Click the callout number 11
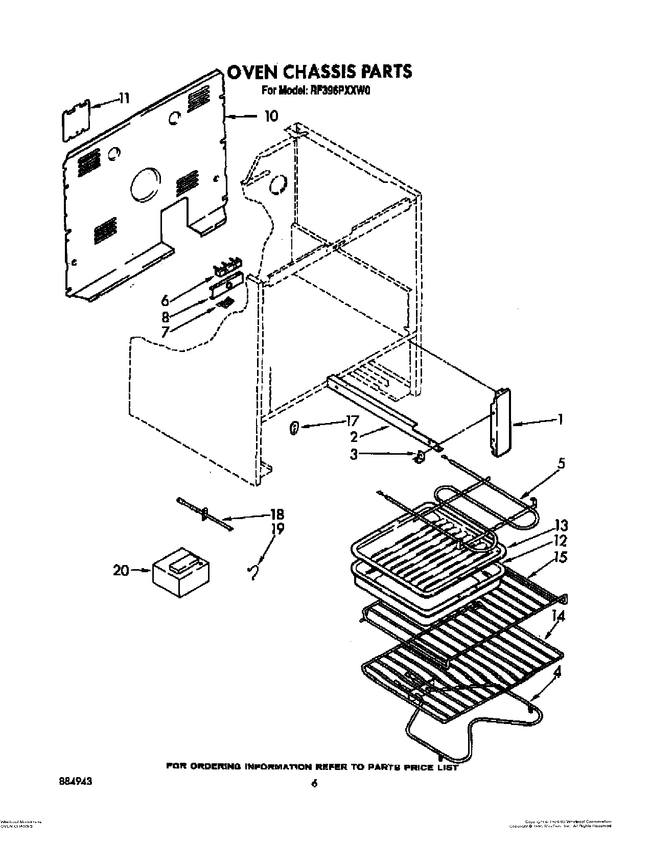124,98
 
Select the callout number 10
271,116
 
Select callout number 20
121,570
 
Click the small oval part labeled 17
294,430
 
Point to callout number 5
561,464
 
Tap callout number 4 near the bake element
557,673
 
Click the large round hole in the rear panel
145,185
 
